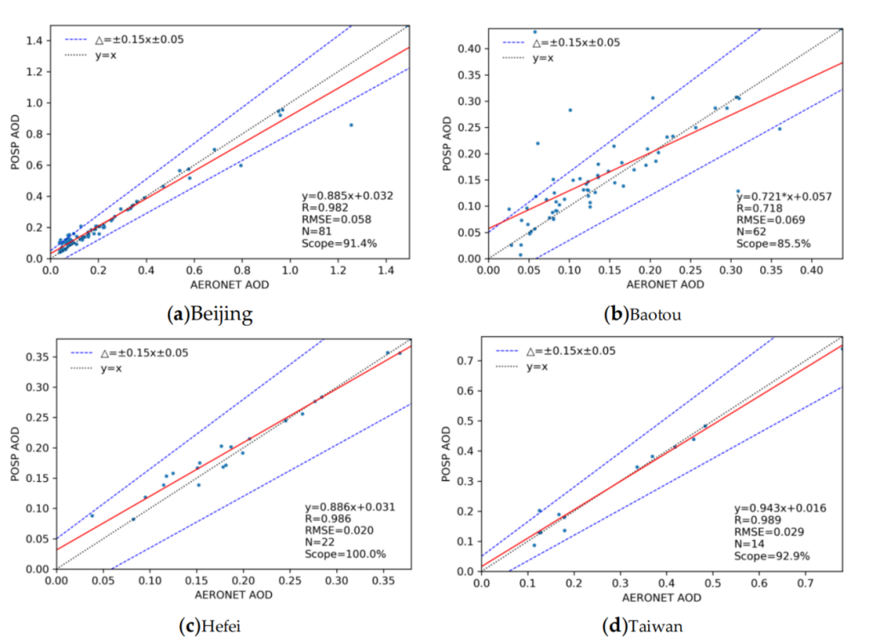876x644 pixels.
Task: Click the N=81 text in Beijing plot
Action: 321,231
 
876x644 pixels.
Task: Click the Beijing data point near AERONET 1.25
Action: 351,125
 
